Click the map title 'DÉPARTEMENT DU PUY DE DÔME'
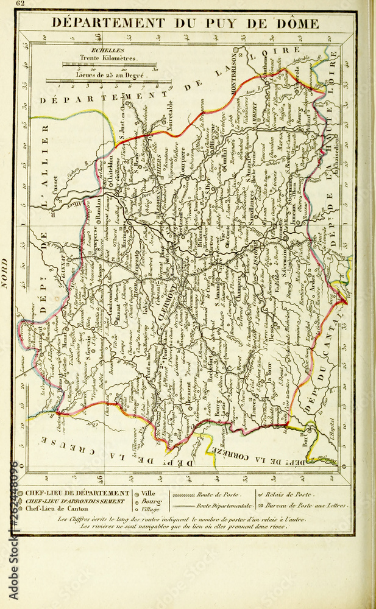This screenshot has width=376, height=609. click(185, 24)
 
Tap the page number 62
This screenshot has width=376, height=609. click(21, 4)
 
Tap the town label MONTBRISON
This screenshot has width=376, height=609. click(234, 79)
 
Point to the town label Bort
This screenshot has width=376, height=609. click(306, 437)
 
